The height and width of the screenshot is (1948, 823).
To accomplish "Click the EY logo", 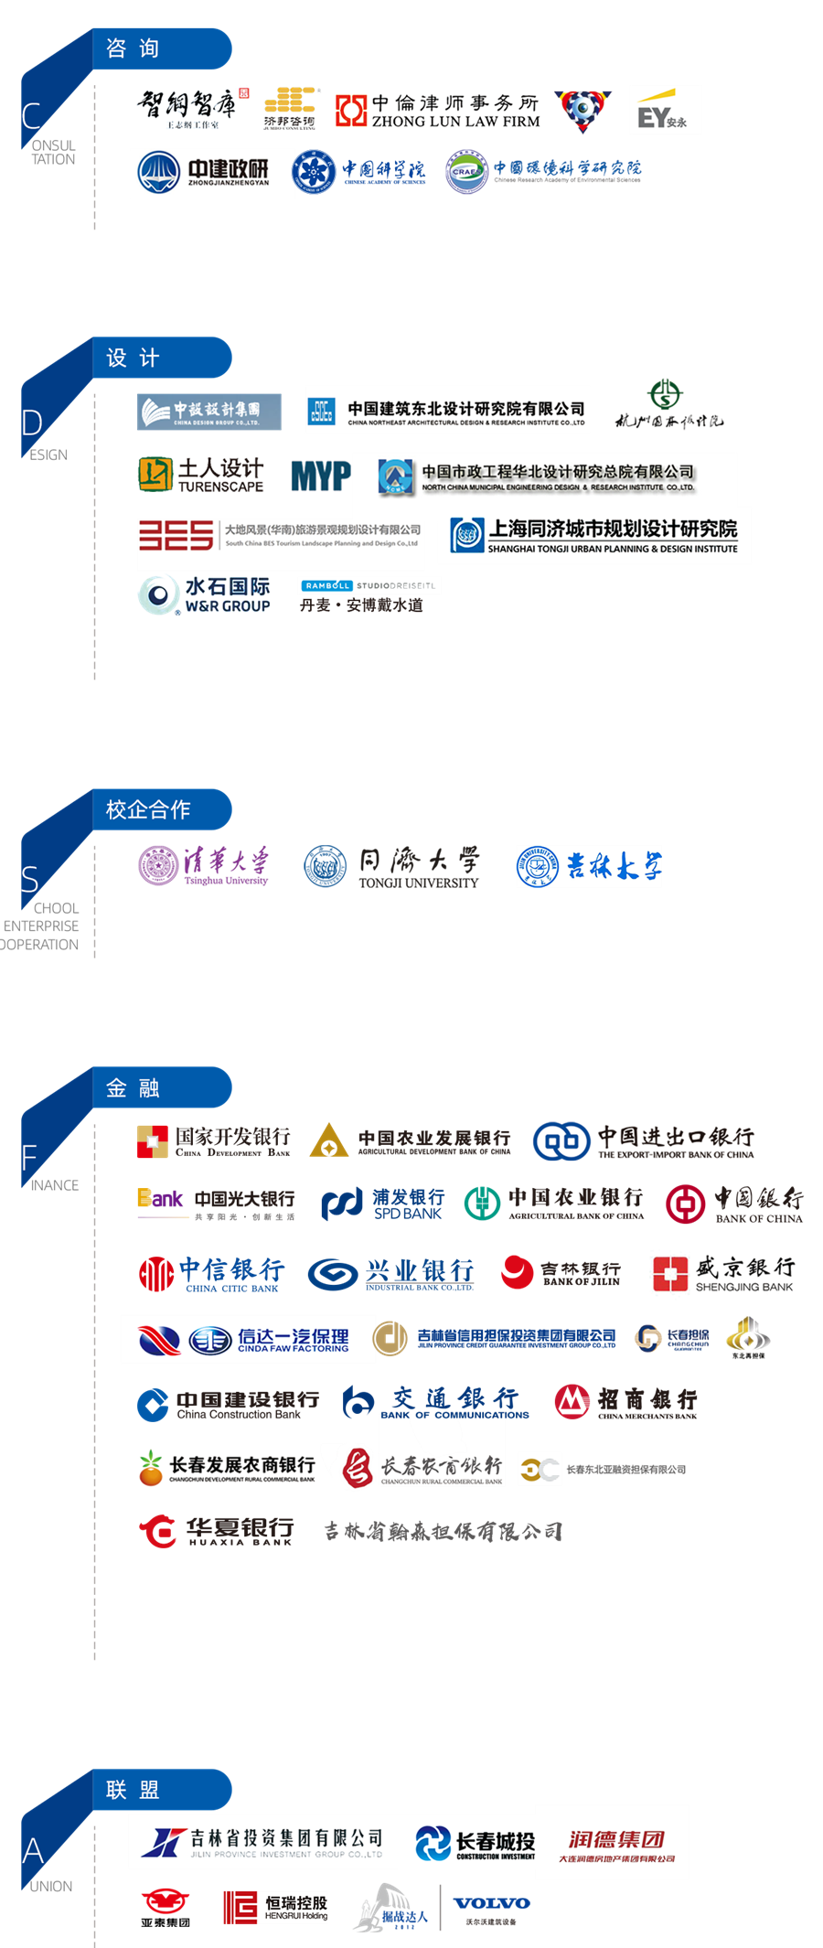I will coord(665,111).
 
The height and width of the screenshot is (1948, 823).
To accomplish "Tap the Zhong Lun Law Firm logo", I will coord(437,111).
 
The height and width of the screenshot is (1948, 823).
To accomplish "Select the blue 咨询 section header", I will coord(161,48).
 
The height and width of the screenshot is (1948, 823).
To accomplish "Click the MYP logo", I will coord(320,476).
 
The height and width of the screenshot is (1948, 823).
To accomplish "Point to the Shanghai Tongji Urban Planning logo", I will coord(594,536).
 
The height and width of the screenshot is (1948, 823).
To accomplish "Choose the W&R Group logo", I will coord(205,594).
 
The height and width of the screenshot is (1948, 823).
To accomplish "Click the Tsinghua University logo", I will coord(204,865).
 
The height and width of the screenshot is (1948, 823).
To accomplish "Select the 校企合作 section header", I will coord(161,809).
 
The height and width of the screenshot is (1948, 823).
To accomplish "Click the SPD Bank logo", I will coord(383,1204).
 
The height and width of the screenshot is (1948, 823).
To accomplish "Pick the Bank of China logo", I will coord(735,1204).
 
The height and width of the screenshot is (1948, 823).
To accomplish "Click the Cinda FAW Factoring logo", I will coord(248,1340).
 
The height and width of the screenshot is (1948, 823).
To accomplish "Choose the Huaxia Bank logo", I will coord(217,1531).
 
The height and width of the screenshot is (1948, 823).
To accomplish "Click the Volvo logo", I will coord(491,1905).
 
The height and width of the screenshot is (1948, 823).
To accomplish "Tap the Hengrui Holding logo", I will coord(275,1907).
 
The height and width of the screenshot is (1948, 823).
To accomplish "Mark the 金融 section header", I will coord(161,1087).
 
